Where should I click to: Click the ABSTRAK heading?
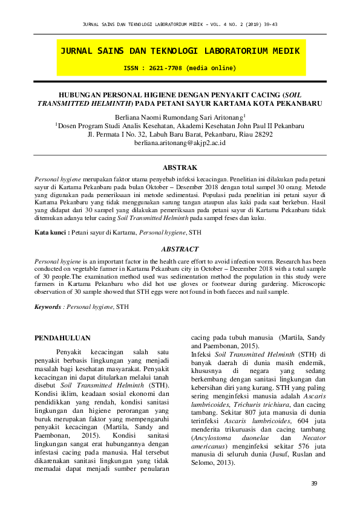click(x=180, y=166)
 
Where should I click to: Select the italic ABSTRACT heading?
click(x=180, y=249)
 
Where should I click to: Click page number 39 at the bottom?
click(x=314, y=483)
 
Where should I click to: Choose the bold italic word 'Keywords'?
click(x=48, y=307)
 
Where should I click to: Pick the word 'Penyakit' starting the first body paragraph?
click(x=71, y=351)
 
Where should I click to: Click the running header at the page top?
click(x=180, y=24)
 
